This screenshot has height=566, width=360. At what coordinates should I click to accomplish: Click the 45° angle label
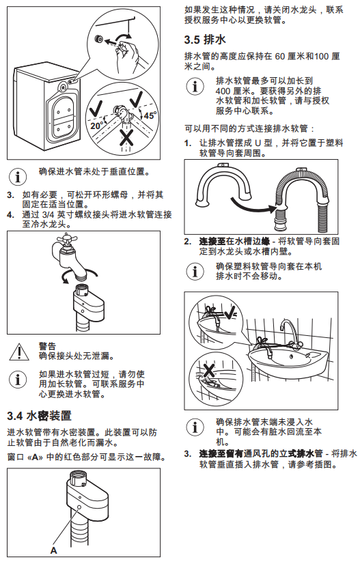(150, 115)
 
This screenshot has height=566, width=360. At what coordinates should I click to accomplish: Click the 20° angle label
(97, 125)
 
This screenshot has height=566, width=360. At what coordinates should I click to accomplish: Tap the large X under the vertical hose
(126, 137)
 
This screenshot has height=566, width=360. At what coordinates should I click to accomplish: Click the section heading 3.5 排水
(205, 40)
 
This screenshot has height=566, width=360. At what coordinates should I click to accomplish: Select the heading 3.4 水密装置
(39, 416)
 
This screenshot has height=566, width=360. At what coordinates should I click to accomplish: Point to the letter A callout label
(53, 550)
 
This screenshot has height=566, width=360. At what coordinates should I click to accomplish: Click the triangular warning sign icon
(19, 352)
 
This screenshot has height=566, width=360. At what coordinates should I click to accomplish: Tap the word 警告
(47, 346)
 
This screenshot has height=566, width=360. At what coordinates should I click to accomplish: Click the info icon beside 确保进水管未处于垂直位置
(18, 177)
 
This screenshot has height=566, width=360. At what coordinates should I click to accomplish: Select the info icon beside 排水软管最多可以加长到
(195, 87)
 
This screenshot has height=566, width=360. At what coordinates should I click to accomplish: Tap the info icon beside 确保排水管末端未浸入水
(195, 427)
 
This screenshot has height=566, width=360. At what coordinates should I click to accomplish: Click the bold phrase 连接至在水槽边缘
(234, 241)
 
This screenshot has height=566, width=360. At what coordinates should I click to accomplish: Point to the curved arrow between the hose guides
(253, 204)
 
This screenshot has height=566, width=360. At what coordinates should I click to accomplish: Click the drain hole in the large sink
(292, 357)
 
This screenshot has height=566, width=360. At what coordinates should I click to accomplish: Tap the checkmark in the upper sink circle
(230, 311)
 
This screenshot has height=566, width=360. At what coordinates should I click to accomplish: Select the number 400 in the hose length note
(223, 91)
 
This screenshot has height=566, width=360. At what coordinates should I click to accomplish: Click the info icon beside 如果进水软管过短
(18, 380)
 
